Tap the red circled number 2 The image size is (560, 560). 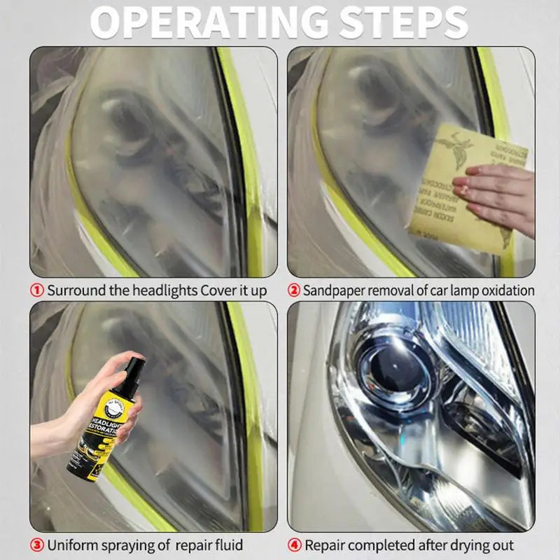point(295,290)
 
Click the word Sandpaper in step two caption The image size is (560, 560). point(338,290)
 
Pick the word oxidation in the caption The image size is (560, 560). point(505,290)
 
